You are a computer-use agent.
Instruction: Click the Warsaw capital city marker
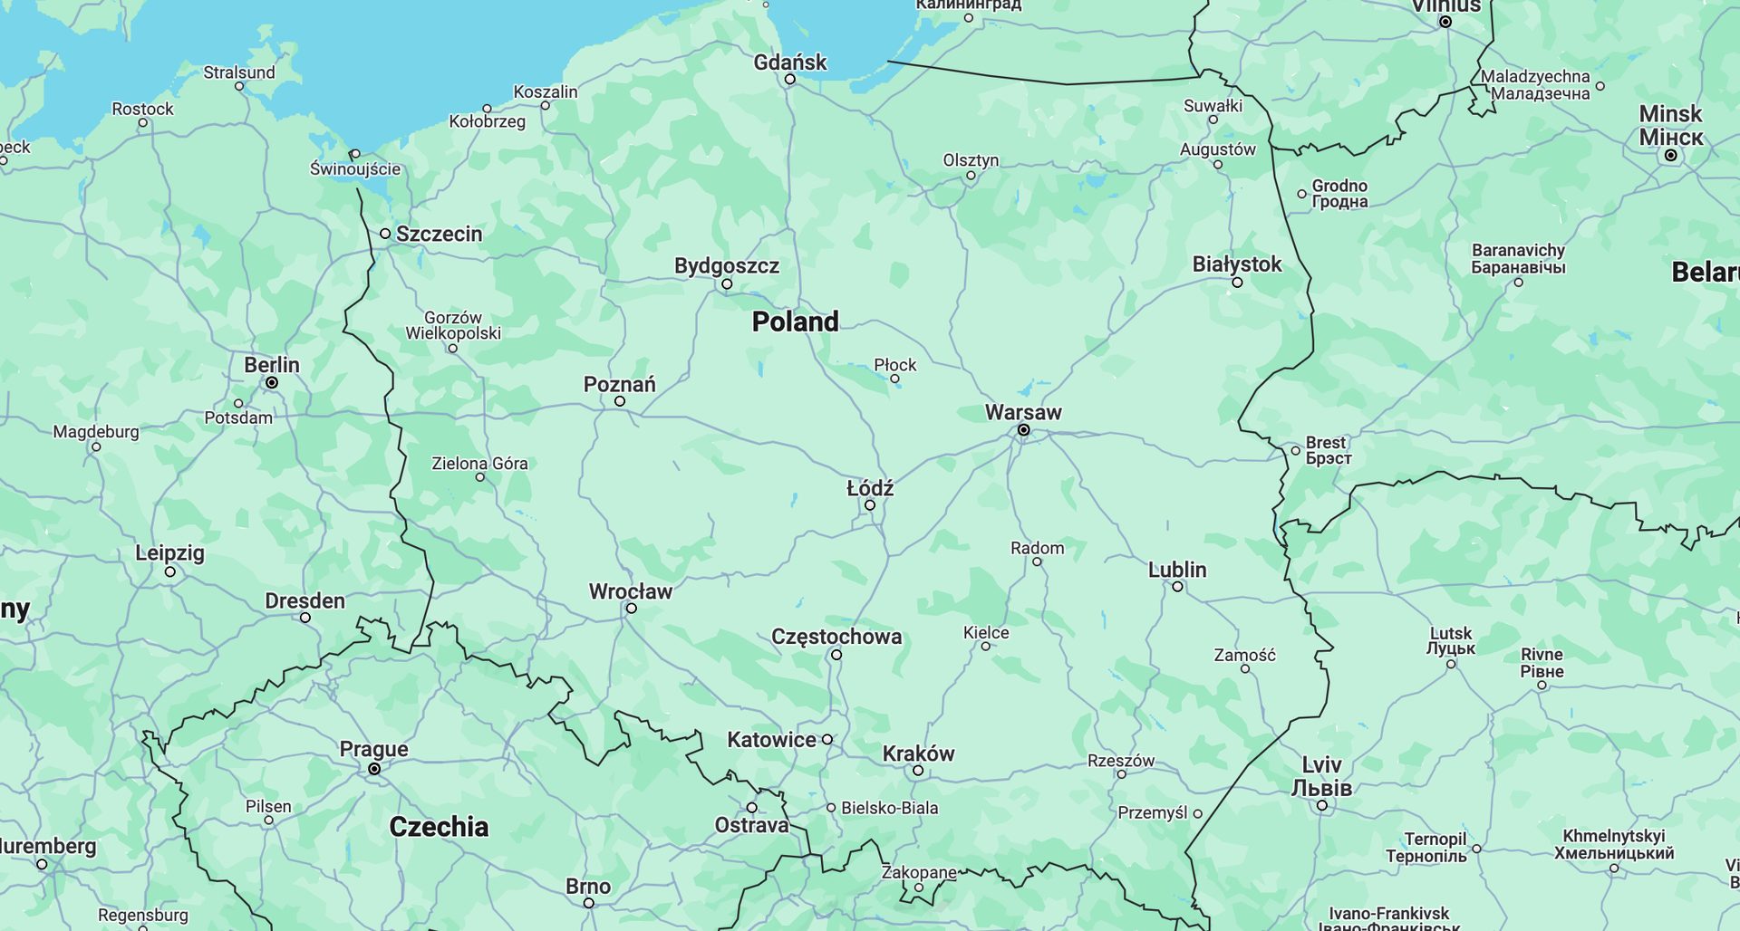pos(1023,430)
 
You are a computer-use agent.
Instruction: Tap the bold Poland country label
pos(795,322)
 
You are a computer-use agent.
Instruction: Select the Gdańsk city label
pos(789,62)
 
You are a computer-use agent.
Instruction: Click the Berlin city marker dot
pos(271,383)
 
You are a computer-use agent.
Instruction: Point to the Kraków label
pos(918,753)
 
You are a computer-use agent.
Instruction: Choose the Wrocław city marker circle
pos(632,609)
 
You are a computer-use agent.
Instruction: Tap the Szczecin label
pos(439,234)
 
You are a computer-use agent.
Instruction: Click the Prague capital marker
pos(373,769)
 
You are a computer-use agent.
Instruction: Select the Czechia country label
pos(439,827)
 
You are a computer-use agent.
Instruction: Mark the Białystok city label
pos(1236,264)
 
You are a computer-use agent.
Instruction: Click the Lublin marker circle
pos(1177,587)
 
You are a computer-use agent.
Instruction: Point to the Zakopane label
pos(918,872)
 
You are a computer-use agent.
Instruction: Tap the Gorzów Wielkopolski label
pos(453,325)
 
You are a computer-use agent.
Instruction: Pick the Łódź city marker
pos(869,505)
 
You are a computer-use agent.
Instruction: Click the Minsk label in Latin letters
pos(1670,114)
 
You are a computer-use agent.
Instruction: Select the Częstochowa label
pos(836,637)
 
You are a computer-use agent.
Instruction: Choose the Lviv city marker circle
pos(1322,805)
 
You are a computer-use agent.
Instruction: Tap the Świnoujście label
pos(355,168)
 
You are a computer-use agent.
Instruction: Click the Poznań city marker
pos(620,401)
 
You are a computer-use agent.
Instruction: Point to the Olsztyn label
pos(970,160)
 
